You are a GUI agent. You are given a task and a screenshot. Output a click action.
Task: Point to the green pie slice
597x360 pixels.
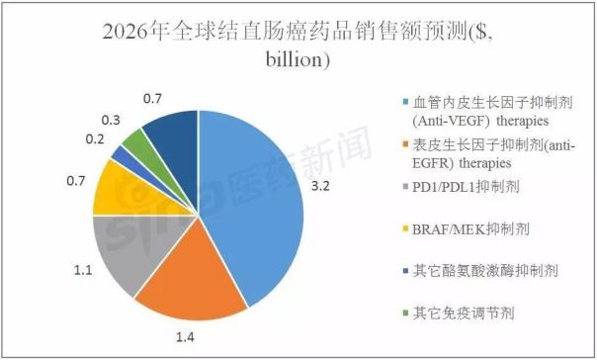pyautogui.click(x=138, y=144)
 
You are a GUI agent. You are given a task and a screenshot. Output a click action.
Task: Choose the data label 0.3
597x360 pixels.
pyautogui.click(x=112, y=119)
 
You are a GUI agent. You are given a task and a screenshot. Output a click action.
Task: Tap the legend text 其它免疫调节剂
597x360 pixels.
pyautogui.click(x=464, y=315)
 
